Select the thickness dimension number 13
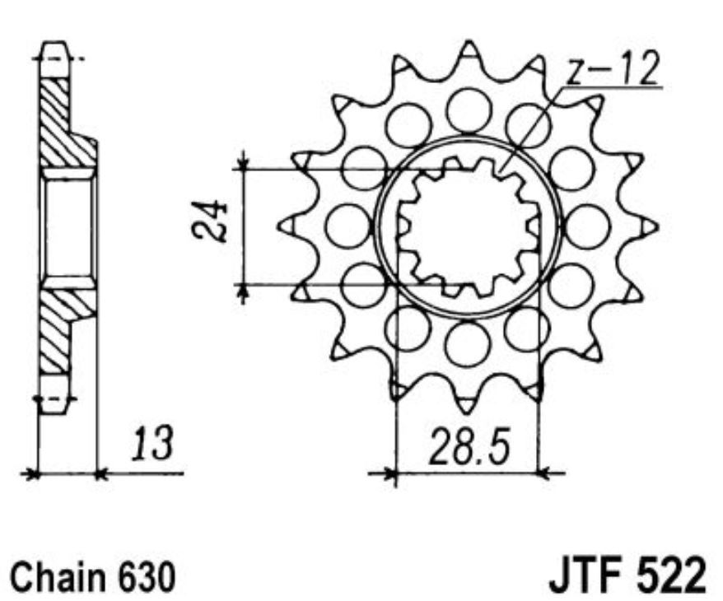pos(152,445)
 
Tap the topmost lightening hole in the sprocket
pos(468,106)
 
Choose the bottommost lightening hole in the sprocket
pos(468,342)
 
